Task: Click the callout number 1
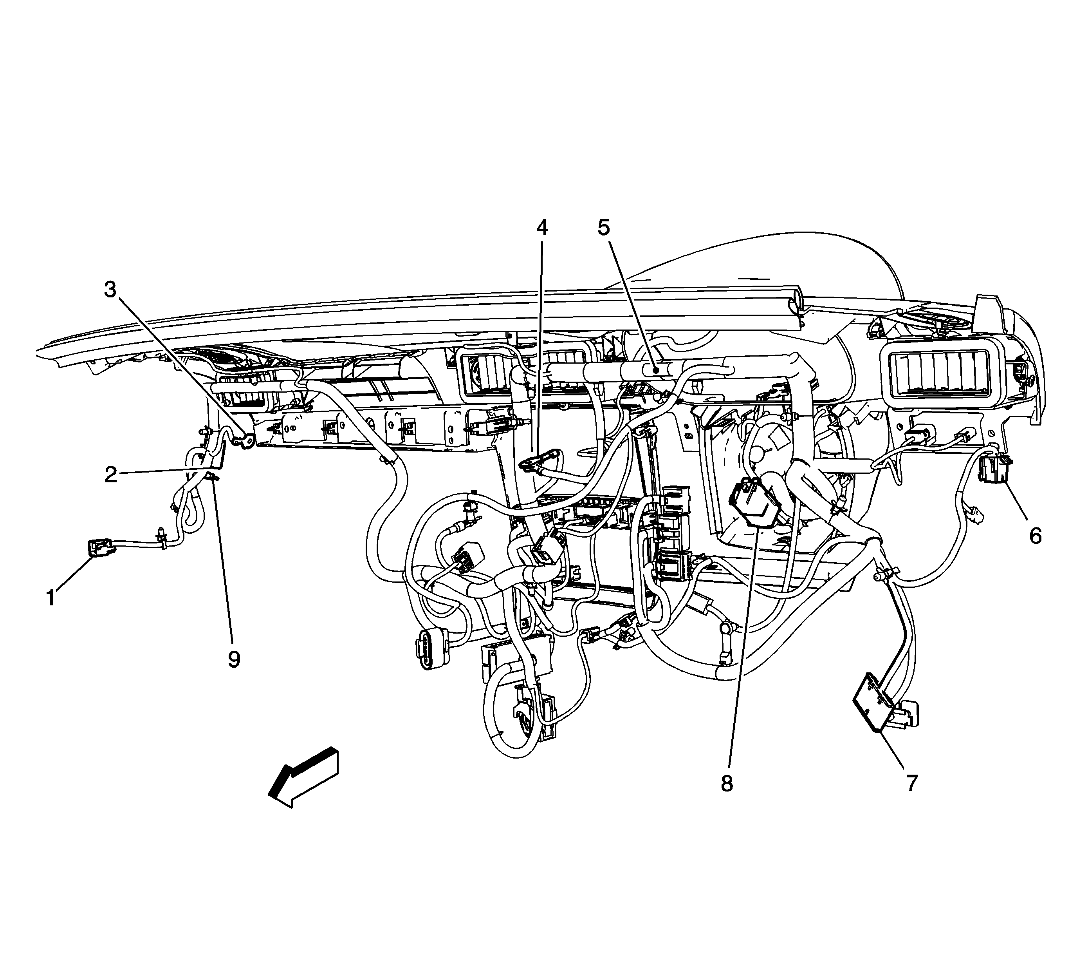pos(51,597)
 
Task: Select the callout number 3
pos(110,290)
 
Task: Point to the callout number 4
pos(542,228)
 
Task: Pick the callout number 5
pos(603,228)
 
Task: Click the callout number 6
pos(1035,536)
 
